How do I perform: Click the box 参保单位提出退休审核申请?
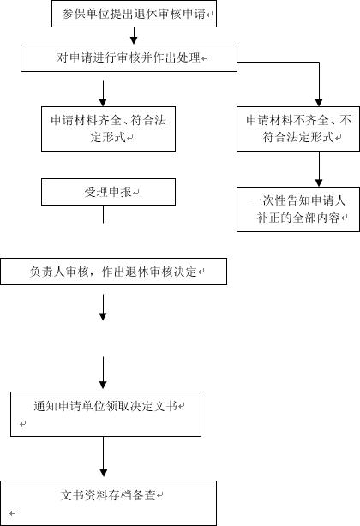(134, 14)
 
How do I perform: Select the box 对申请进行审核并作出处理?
(129, 58)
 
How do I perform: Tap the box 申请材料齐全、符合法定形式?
(108, 129)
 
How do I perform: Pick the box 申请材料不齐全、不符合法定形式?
(298, 129)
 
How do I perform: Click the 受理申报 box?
(108, 192)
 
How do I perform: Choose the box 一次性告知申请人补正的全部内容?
(298, 209)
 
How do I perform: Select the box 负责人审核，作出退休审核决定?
(113, 272)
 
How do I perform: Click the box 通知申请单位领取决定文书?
(105, 414)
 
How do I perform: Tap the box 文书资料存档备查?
(108, 503)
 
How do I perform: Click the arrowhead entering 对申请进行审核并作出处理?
(134, 40)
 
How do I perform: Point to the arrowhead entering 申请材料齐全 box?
(103, 102)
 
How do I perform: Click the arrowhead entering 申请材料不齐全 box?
(319, 102)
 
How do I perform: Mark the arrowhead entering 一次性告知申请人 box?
(319, 182)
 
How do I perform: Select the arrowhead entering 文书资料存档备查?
(104, 473)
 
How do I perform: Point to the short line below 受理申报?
(103, 214)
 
